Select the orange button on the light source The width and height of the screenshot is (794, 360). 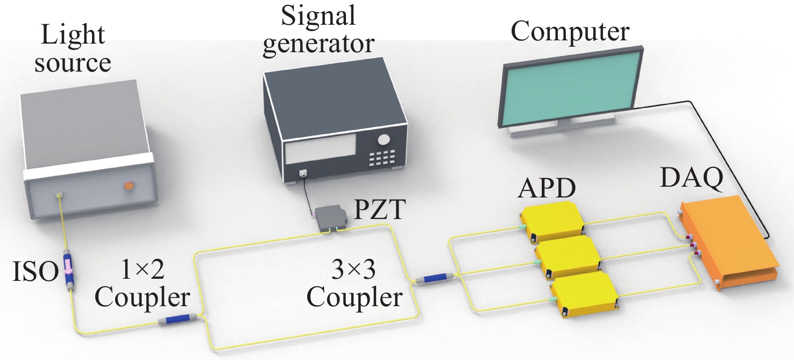click(x=129, y=186)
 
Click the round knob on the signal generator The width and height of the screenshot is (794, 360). click(x=384, y=140)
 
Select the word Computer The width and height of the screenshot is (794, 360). click(x=569, y=32)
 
